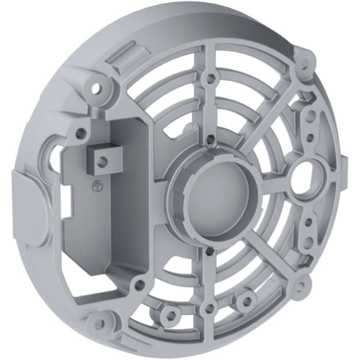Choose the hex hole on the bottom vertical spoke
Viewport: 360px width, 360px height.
tap(210, 309)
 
